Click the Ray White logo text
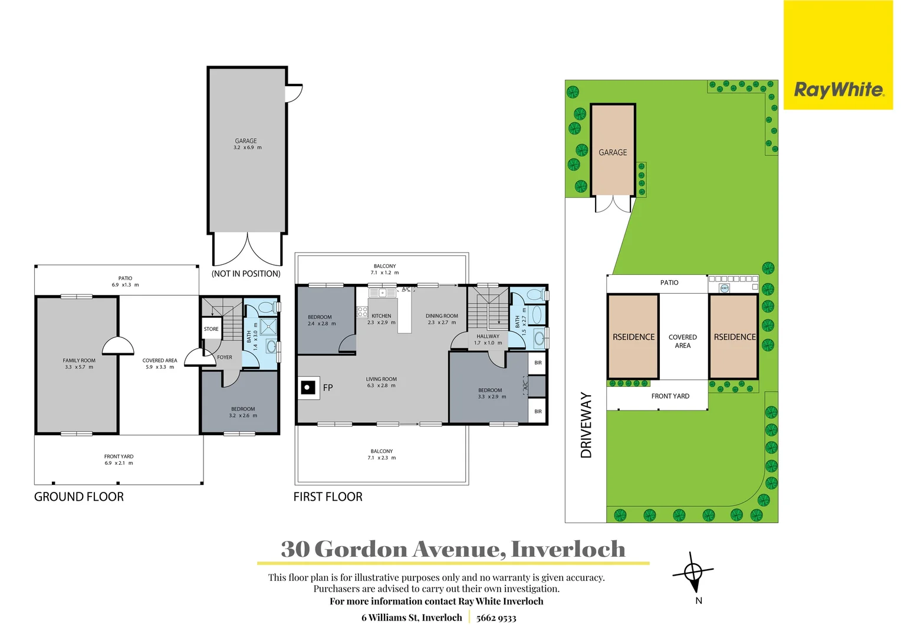pyautogui.click(x=838, y=90)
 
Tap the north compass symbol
pyautogui.click(x=693, y=573)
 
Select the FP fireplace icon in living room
pyautogui.click(x=308, y=388)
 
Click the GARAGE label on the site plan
pyautogui.click(x=613, y=153)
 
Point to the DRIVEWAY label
pyautogui.click(x=586, y=425)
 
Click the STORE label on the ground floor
pyautogui.click(x=211, y=329)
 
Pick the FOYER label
pyautogui.click(x=225, y=357)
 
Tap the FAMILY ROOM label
pyautogui.click(x=79, y=360)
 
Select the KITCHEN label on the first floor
pyautogui.click(x=381, y=316)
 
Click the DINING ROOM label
pyautogui.click(x=442, y=316)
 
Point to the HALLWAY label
pyautogui.click(x=488, y=336)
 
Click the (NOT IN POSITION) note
pyautogui.click(x=246, y=274)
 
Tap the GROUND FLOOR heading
pyautogui.click(x=79, y=497)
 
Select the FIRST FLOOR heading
pyautogui.click(x=328, y=497)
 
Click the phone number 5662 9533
pyautogui.click(x=496, y=618)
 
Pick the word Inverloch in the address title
pyautogui.click(x=568, y=549)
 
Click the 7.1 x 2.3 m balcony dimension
pyautogui.click(x=382, y=458)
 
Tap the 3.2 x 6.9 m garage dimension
pyautogui.click(x=247, y=147)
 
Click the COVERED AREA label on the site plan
pyautogui.click(x=682, y=342)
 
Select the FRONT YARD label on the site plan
pyautogui.click(x=670, y=396)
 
